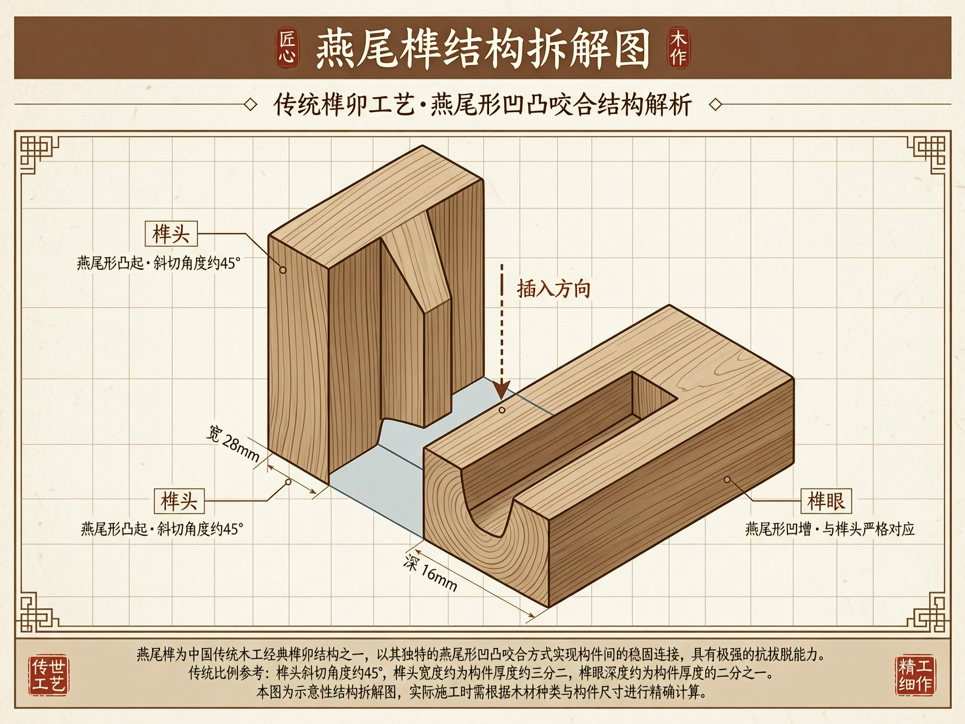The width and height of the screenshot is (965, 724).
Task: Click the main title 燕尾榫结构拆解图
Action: (x=482, y=49)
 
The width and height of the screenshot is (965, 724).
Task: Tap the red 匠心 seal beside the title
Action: (x=287, y=48)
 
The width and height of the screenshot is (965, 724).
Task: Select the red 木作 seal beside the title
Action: (x=678, y=48)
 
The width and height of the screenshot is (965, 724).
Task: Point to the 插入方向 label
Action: (x=554, y=289)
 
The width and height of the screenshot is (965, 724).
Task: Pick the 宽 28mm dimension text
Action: (x=233, y=443)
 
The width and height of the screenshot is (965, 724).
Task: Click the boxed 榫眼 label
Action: (x=826, y=501)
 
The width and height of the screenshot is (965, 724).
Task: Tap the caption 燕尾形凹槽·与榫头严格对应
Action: (x=829, y=529)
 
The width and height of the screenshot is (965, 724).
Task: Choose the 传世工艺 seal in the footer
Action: (x=49, y=675)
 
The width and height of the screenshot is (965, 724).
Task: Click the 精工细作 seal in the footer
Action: (x=915, y=675)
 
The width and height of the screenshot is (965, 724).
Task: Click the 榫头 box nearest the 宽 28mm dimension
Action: (x=179, y=501)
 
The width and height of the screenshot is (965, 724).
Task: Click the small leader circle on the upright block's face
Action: (x=283, y=270)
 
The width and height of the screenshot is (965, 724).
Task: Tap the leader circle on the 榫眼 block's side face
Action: (x=727, y=479)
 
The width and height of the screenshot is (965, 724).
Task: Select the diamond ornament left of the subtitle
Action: (x=250, y=104)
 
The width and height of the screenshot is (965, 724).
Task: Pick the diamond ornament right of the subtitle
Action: (x=716, y=104)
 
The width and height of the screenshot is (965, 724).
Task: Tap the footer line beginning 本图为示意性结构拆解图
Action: (x=482, y=692)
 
